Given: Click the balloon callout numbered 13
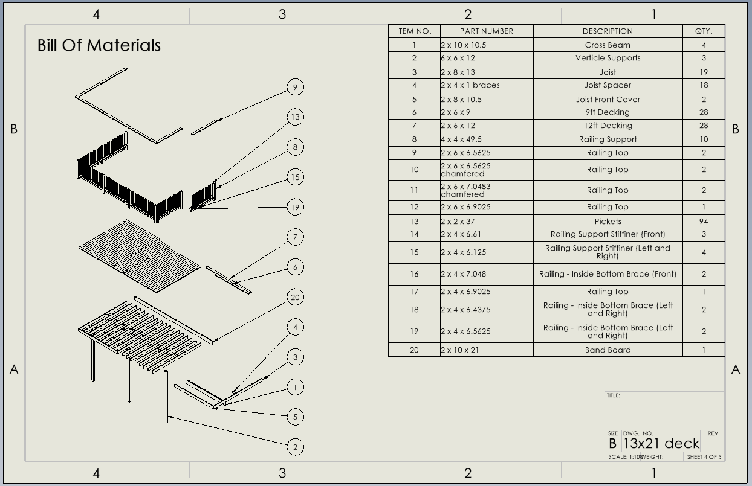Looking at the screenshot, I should pyautogui.click(x=295, y=117).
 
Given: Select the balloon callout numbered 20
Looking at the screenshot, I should pyautogui.click(x=295, y=297).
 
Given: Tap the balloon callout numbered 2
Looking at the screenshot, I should pyautogui.click(x=295, y=447).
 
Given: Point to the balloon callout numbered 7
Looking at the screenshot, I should pyautogui.click(x=295, y=237).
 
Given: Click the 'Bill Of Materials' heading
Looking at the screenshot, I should pyautogui.click(x=99, y=45).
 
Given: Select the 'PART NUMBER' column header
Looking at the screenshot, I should pyautogui.click(x=486, y=31).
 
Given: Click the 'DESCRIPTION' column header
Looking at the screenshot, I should pyautogui.click(x=608, y=31).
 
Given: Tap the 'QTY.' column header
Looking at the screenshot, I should pyautogui.click(x=704, y=31).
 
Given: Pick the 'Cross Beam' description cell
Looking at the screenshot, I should pyautogui.click(x=608, y=45).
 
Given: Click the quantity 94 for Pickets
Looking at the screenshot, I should pyautogui.click(x=704, y=222).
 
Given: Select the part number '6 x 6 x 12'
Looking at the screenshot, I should pyautogui.click(x=458, y=58).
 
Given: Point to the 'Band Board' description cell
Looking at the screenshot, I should pyautogui.click(x=608, y=350).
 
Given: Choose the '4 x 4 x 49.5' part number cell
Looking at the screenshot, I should pyautogui.click(x=461, y=139).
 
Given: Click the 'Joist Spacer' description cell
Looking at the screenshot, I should pyautogui.click(x=608, y=85).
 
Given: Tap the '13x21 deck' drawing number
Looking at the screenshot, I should pyautogui.click(x=661, y=444).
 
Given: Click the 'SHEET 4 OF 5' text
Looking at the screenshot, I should pyautogui.click(x=704, y=457).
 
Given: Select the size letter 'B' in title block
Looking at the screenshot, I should pyautogui.click(x=613, y=444).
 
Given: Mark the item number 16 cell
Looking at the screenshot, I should pyautogui.click(x=414, y=274).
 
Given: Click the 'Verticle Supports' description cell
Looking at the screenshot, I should pyautogui.click(x=608, y=58).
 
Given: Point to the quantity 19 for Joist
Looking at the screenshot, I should pyautogui.click(x=704, y=72).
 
